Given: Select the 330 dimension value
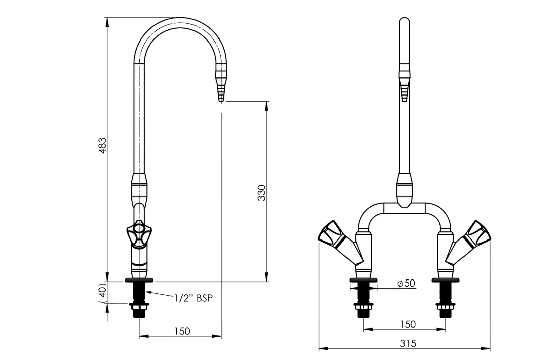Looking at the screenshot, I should click(261, 193).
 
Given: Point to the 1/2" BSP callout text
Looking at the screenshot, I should click(192, 297).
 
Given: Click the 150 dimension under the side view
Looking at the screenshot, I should click(182, 331).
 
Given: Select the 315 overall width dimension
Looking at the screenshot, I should click(407, 343).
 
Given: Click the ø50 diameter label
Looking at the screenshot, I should click(406, 283).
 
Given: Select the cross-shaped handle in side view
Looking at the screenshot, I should click(139, 233).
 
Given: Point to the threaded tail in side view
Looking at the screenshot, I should click(138, 299).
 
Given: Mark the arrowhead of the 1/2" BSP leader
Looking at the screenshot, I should click(146, 292).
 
